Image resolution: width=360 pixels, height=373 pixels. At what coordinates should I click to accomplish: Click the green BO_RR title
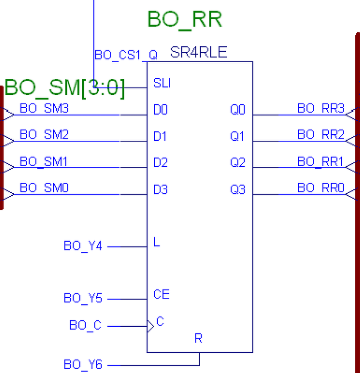pyautogui.click(x=185, y=20)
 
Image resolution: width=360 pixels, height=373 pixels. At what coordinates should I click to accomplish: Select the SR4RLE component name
pyautogui.click(x=199, y=52)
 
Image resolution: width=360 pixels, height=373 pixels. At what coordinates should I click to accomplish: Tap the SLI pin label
pyautogui.click(x=162, y=84)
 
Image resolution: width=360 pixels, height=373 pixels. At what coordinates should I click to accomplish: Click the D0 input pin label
pyautogui.click(x=160, y=110)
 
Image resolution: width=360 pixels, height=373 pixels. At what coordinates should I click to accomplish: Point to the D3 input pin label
pyautogui.click(x=160, y=190)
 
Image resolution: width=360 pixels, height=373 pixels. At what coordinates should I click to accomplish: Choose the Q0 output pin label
pyautogui.click(x=237, y=110)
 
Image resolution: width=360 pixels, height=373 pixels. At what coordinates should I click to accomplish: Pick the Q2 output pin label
pyautogui.click(x=237, y=164)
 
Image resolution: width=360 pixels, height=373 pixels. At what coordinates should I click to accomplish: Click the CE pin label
pyautogui.click(x=161, y=294)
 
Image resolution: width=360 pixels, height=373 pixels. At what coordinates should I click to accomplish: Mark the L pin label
pyautogui.click(x=157, y=242)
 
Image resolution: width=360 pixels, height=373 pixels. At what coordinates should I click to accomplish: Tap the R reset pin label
pyautogui.click(x=198, y=338)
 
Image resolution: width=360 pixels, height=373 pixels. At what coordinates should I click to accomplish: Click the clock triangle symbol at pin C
pyautogui.click(x=150, y=325)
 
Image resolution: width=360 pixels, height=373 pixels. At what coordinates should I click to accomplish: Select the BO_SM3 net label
pyautogui.click(x=44, y=109)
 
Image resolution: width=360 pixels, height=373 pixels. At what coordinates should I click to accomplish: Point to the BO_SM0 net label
pyautogui.click(x=44, y=188)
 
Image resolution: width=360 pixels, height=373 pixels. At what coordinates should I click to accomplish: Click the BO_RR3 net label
pyautogui.click(x=321, y=109)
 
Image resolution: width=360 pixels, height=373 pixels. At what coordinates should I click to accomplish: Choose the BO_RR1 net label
pyautogui.click(x=321, y=162)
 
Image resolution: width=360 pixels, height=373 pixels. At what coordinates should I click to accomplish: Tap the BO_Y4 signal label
pyautogui.click(x=83, y=246)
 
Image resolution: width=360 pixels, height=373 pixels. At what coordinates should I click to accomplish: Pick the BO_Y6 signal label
pyautogui.click(x=83, y=364)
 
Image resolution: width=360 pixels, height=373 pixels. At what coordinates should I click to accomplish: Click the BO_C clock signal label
pyautogui.click(x=85, y=325)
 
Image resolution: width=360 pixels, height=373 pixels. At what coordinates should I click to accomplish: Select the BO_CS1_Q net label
pyautogui.click(x=126, y=55)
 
